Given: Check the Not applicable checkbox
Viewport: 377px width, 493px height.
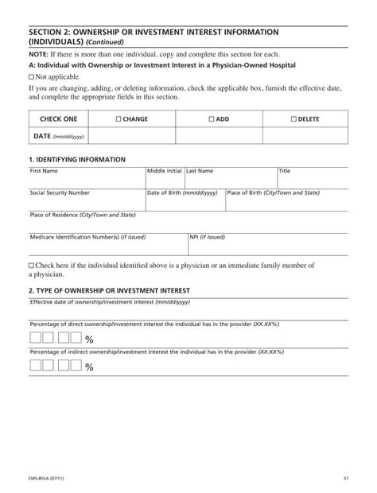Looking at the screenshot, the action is [31, 76].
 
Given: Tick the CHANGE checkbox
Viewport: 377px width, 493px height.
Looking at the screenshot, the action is [119, 119].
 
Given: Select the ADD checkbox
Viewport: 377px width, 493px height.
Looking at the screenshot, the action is [211, 119].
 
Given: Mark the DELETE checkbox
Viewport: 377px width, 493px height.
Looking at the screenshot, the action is [293, 119].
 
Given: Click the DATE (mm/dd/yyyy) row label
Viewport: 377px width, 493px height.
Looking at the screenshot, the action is [56, 136].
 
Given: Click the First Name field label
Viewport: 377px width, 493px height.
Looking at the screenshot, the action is [44, 171].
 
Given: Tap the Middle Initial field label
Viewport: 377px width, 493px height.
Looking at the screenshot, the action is [165, 171].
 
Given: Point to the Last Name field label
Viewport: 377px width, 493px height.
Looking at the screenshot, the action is [200, 171].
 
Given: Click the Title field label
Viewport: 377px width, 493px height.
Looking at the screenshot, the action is [285, 171].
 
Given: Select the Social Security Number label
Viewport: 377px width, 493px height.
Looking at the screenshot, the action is [60, 192].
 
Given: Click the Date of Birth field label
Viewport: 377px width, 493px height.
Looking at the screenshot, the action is [182, 192].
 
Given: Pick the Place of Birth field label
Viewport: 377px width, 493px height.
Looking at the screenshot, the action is [274, 192].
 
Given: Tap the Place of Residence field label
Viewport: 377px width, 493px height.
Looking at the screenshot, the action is [72, 215].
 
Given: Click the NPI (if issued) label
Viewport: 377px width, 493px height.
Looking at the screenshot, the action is [207, 237].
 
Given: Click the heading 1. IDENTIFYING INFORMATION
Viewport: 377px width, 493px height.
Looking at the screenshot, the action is [76, 160].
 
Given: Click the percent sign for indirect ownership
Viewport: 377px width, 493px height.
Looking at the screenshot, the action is [89, 367].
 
